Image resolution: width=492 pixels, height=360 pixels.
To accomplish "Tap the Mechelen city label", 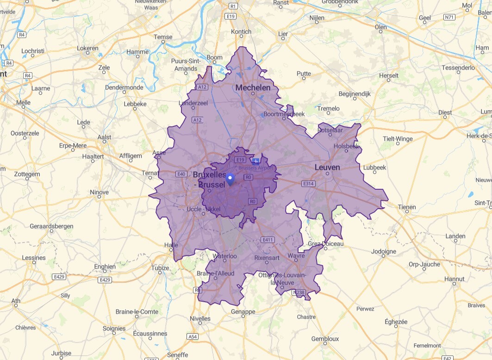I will (x=253, y=87).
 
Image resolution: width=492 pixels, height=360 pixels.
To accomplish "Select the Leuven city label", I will (x=327, y=168).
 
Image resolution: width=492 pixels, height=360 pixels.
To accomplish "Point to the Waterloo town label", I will (x=224, y=256).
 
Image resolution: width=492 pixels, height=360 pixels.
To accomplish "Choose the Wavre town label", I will (x=296, y=255).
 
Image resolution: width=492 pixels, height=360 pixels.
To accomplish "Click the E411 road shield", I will (x=268, y=240).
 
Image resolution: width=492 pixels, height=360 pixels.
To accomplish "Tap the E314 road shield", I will (x=308, y=184).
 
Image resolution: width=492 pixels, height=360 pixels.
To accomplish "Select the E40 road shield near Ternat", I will (x=181, y=174).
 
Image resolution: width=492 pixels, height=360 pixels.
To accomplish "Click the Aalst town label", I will (x=105, y=137).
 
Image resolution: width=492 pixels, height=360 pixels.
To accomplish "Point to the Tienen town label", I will (x=406, y=207).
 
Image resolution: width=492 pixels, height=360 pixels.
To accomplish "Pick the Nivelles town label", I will (x=200, y=318).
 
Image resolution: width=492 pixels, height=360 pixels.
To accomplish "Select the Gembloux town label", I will (x=325, y=339).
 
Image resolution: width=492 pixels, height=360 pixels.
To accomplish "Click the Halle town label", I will (x=171, y=245).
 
